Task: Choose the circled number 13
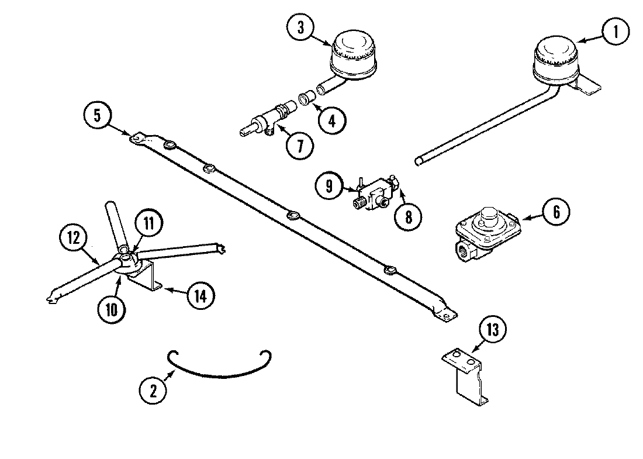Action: click(493, 330)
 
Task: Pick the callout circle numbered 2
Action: click(153, 391)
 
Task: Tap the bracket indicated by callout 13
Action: click(465, 374)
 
